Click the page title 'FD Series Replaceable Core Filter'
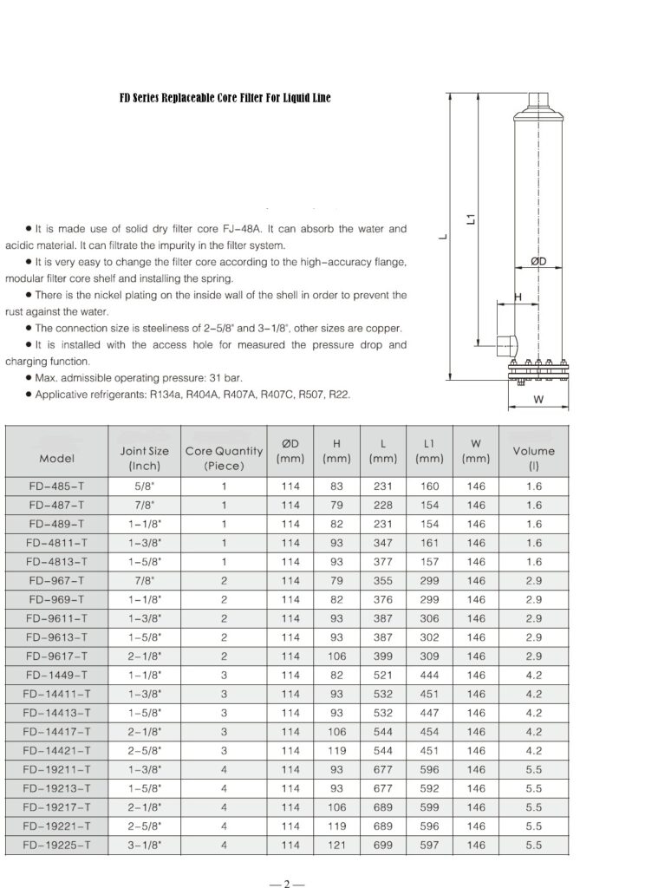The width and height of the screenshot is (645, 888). pos(225,98)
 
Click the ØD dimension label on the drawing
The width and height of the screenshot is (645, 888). pos(537,260)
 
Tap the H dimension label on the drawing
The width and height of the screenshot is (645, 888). pos(518,297)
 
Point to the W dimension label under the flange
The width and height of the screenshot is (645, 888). pos(537,400)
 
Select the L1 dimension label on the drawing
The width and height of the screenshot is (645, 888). pos(471,220)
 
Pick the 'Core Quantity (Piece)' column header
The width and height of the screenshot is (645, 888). pos(224,458)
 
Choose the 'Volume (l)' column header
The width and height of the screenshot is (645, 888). pos(533,458)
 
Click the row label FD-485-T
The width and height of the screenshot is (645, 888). pos(56,486)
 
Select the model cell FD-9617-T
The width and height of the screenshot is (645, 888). pos(56,656)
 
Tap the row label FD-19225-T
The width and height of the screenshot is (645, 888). pos(56,845)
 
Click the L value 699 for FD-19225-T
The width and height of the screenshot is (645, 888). pos(382,845)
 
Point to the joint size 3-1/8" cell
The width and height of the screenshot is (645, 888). pos(144,845)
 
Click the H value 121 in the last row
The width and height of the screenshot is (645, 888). pos(337,845)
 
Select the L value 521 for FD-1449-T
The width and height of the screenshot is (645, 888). pos(382,676)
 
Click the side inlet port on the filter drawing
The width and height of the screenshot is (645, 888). pos(505,348)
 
